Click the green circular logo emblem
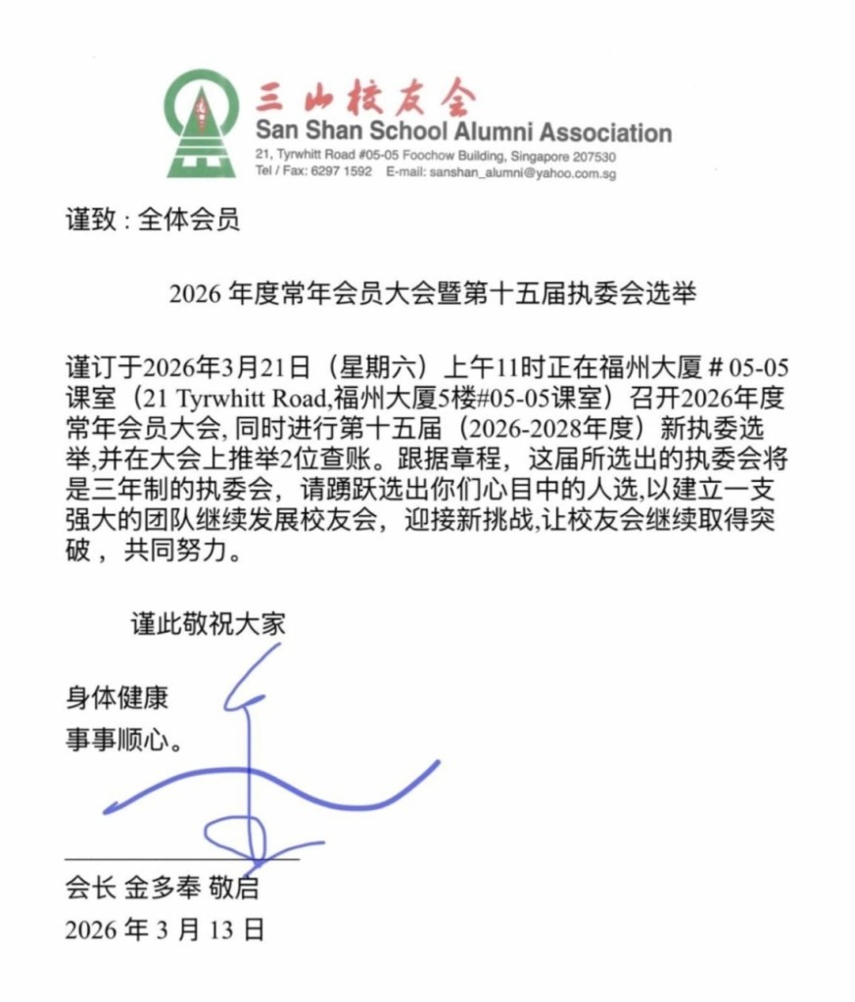tap(203, 122)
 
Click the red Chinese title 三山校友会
tap(364, 99)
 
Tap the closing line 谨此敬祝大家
tap(209, 623)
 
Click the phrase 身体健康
tap(117, 698)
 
